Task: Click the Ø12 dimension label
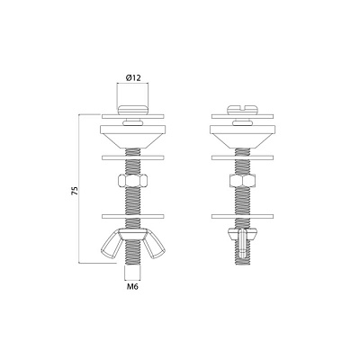coord(133,78)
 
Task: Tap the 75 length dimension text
coord(75,191)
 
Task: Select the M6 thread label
coord(132,287)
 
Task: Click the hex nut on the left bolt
coord(132,181)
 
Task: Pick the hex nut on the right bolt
coord(242,181)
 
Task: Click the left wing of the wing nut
coord(110,245)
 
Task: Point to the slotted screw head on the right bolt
coord(243,110)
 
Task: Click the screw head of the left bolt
coord(132,110)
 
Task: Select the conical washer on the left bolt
coord(133,136)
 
